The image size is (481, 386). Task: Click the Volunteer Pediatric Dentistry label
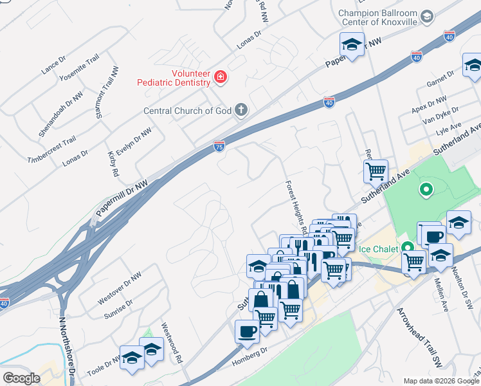click(x=174, y=78)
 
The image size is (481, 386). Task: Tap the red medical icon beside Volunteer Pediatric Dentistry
click(x=221, y=77)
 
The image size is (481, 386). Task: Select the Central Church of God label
click(x=186, y=111)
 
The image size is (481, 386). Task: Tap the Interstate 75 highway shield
click(x=219, y=147)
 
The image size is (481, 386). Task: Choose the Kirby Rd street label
click(x=113, y=163)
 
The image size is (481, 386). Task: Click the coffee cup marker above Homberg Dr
click(x=247, y=332)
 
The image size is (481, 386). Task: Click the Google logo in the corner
click(x=21, y=378)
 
